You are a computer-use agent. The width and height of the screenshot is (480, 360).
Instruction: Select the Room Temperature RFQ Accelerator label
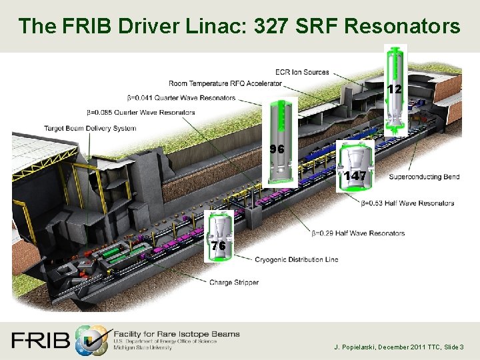coord(225,84)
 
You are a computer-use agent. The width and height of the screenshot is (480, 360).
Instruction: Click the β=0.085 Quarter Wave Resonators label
coord(141,112)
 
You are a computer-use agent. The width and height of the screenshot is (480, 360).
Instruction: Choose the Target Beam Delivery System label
coord(90,128)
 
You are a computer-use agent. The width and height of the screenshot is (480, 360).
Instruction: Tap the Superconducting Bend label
coord(424,177)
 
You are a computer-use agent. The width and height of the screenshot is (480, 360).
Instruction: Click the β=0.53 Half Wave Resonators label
coord(408,203)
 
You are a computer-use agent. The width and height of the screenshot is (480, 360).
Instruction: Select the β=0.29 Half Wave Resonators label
coord(358,233)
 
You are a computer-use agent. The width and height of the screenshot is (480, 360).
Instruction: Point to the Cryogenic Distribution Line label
coord(297,259)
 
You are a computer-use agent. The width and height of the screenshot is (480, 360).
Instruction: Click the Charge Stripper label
coord(234,283)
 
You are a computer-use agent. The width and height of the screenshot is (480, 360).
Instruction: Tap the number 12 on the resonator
coord(394,89)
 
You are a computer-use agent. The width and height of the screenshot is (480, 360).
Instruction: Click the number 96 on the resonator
coord(277,149)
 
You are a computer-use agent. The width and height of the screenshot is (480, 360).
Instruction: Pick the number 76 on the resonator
coord(218,246)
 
